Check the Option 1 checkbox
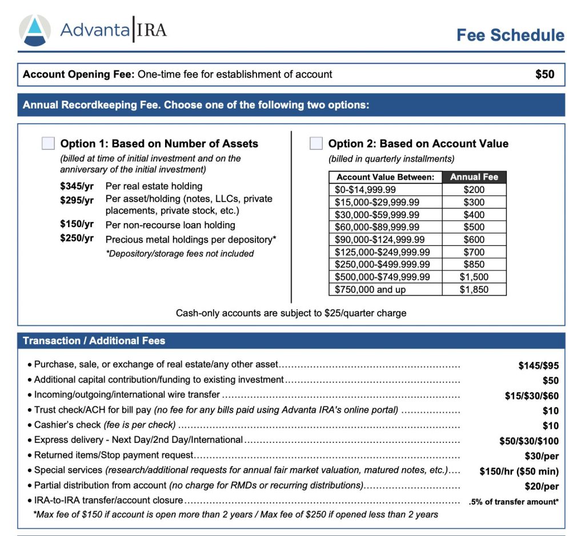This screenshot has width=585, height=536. point(49,143)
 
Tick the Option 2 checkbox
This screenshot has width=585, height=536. point(316,143)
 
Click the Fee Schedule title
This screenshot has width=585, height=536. point(510,35)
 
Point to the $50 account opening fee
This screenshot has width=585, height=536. point(544,74)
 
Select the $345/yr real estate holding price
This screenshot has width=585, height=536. point(77,186)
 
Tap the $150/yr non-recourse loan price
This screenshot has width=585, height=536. point(77,224)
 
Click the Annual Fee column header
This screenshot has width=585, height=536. point(474,177)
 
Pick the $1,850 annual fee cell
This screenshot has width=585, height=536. point(474,289)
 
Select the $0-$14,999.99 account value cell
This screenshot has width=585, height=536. point(385,190)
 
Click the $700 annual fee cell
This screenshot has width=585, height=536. point(474,252)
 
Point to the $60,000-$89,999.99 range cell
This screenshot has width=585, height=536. point(385,227)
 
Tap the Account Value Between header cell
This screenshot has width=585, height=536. point(385,177)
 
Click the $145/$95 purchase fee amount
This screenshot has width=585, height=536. point(538,366)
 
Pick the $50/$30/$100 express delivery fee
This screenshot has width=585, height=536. point(529,441)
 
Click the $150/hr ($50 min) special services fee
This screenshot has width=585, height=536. point(519,471)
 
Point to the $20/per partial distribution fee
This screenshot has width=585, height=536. point(542,486)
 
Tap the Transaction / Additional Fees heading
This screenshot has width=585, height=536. point(94,341)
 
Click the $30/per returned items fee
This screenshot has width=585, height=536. point(542,456)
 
